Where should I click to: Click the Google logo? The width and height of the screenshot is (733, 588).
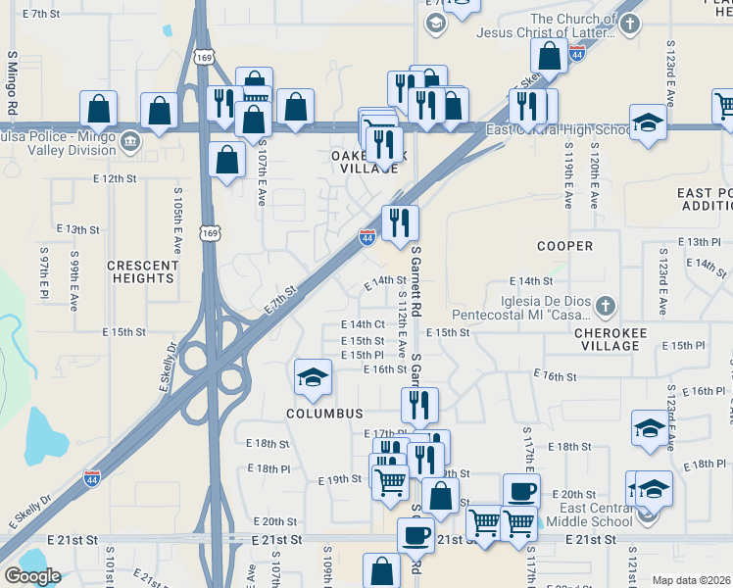click(32, 575)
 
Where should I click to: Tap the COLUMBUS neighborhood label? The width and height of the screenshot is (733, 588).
click(324, 414)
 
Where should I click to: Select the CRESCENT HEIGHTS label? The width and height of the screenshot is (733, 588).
click(141, 271)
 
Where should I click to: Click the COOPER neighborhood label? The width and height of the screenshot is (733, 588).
click(564, 245)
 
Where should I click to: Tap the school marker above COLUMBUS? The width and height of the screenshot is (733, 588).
click(313, 377)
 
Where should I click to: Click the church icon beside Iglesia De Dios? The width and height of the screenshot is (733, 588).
click(606, 307)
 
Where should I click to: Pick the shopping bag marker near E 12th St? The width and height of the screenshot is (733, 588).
click(226, 160)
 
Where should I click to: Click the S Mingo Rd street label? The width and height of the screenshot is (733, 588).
click(13, 80)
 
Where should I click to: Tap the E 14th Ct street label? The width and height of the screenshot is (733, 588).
click(363, 324)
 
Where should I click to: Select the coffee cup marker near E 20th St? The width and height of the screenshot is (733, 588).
click(521, 490)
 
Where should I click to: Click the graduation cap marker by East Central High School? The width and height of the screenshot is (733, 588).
click(648, 122)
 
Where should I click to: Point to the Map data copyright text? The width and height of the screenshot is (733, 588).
click(691, 580)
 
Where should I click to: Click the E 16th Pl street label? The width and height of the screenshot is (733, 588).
click(703, 391)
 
